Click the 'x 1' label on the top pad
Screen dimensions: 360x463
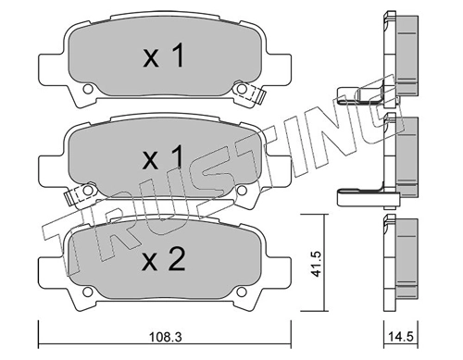coord(165,57)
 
